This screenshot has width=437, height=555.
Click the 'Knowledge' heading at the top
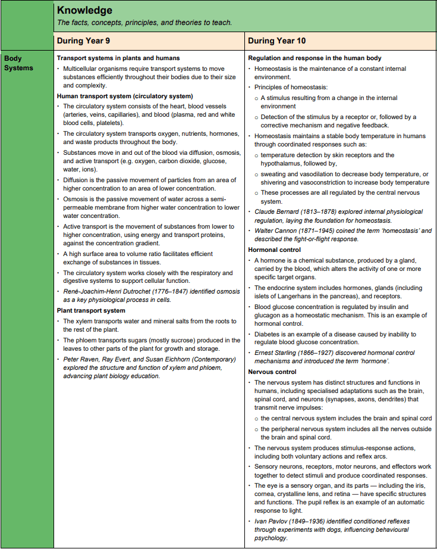point(84,11)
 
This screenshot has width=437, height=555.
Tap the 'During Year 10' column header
point(276,40)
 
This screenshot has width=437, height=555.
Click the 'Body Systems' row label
point(18,63)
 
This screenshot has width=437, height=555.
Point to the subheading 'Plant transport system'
point(91,310)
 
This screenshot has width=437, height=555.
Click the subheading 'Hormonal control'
point(275,250)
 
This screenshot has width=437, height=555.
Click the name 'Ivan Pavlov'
point(272,521)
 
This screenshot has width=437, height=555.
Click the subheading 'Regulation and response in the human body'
point(315,58)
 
